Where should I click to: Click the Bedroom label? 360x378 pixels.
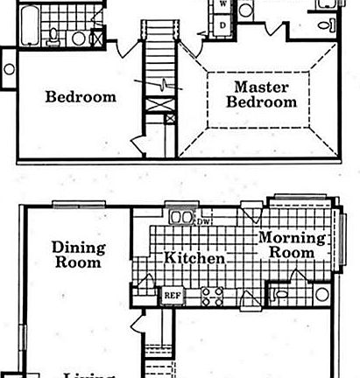(x=81, y=96)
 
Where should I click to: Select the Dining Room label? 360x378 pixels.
(x=79, y=254)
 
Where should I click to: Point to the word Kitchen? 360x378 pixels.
(x=194, y=259)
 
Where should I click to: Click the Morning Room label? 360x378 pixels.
(x=291, y=245)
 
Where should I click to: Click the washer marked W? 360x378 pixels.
(x=222, y=5)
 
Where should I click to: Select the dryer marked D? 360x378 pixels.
(x=222, y=24)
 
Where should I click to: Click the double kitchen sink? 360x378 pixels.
(x=180, y=217)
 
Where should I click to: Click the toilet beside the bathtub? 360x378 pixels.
(x=54, y=34)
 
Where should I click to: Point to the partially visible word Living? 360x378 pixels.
(x=88, y=374)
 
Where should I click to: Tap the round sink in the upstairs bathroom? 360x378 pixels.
(x=79, y=38)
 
